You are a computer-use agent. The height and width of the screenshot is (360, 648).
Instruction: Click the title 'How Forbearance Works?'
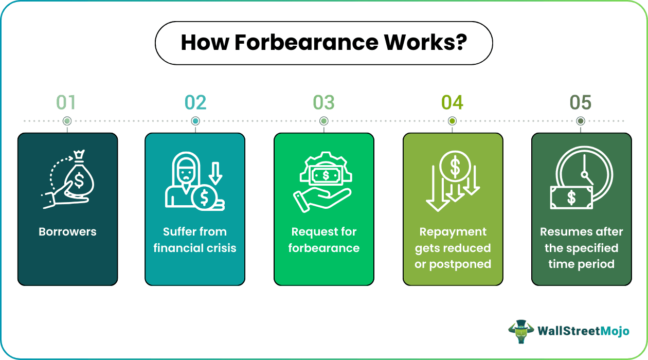[323, 43]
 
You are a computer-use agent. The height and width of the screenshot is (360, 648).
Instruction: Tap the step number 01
[66, 103]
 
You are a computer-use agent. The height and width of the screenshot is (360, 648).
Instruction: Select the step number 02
[195, 103]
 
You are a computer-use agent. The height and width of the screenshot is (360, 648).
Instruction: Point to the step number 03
[323, 103]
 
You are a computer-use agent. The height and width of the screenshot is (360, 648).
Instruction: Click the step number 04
[452, 103]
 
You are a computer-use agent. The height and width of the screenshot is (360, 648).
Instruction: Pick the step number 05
[581, 103]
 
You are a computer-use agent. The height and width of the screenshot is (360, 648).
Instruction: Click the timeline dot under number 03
[323, 121]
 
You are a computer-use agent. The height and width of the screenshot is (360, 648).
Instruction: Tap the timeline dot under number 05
[581, 121]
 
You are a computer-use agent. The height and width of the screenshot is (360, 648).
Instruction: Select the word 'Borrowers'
[67, 232]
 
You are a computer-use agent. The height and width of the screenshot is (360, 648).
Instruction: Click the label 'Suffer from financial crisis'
[195, 240]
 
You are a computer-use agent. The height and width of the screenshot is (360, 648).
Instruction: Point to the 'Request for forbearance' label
[323, 240]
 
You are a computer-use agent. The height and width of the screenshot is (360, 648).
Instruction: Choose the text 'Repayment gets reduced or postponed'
[453, 248]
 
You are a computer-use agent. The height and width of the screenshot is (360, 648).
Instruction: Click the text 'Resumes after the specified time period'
[581, 248]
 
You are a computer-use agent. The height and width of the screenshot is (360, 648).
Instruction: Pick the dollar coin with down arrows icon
[453, 181]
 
